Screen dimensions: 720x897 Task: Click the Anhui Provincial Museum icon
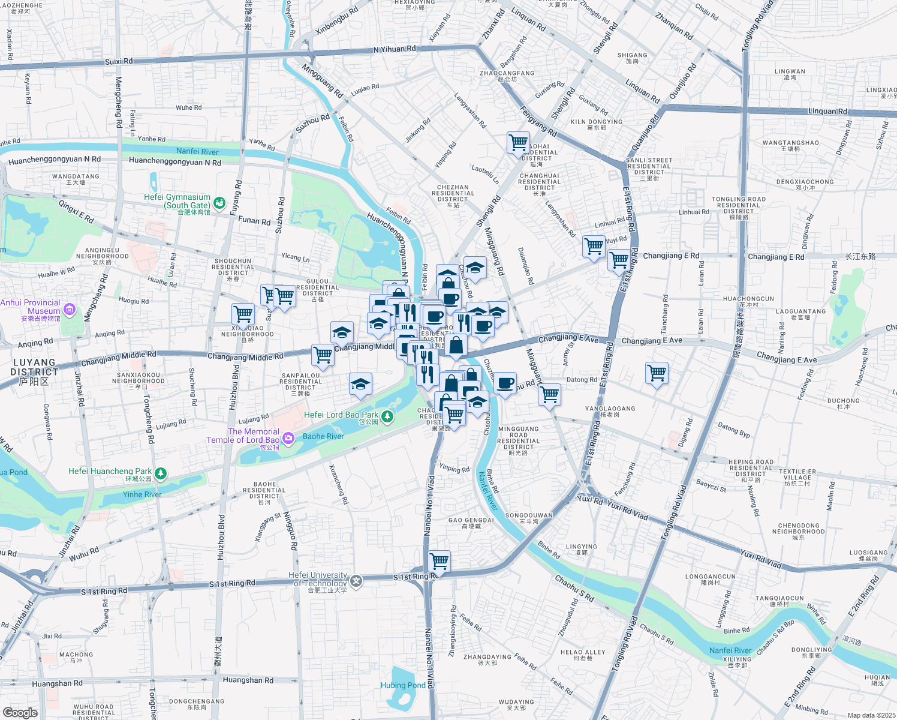click(x=70, y=310)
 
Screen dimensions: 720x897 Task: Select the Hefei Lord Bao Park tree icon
click(x=388, y=416)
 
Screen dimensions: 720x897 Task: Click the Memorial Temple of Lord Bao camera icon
click(x=288, y=439)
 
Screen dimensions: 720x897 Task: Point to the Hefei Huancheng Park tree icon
click(x=161, y=473)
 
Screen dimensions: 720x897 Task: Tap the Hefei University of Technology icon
click(x=356, y=580)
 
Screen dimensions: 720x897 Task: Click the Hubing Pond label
click(x=403, y=685)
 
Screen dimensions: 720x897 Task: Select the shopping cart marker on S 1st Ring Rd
click(x=440, y=562)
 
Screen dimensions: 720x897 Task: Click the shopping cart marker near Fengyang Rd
click(x=518, y=143)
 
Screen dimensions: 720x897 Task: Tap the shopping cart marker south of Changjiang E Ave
click(x=657, y=373)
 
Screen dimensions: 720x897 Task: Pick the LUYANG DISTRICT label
click(x=34, y=367)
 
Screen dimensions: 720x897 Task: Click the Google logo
click(x=20, y=712)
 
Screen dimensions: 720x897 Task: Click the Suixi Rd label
click(x=118, y=61)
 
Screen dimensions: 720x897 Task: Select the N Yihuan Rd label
click(x=394, y=49)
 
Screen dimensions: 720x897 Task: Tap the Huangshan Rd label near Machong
click(x=57, y=683)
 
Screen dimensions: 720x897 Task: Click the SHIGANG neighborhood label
click(x=632, y=55)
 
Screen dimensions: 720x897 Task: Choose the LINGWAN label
click(x=790, y=71)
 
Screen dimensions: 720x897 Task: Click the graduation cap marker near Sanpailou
click(x=360, y=385)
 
